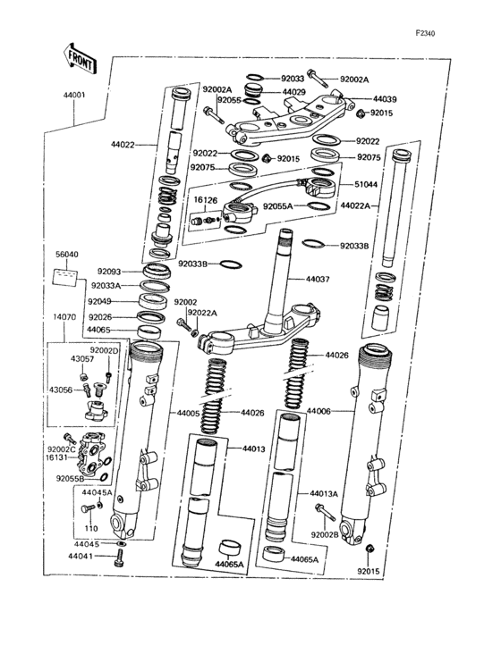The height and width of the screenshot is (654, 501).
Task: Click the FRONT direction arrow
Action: (81, 58)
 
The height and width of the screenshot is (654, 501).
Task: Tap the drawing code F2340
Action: (425, 33)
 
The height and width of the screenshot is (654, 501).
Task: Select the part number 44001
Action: (74, 95)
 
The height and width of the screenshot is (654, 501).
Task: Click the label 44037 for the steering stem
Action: (318, 279)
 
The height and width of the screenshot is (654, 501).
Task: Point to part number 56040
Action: (67, 254)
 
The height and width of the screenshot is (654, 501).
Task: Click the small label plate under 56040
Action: (65, 277)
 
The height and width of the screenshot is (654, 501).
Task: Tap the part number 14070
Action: (64, 317)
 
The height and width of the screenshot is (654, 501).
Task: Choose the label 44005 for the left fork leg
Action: (188, 413)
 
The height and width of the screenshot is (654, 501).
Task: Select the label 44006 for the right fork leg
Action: (318, 411)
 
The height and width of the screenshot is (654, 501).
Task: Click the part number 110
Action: (91, 528)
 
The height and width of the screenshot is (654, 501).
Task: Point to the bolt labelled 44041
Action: (119, 558)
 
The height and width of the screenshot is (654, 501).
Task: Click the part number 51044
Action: (366, 184)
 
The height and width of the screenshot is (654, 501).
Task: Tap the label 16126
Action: (206, 201)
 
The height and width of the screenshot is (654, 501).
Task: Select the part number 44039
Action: (385, 99)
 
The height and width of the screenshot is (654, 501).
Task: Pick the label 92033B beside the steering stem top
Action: (354, 246)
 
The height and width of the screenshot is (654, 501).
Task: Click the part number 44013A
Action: (324, 494)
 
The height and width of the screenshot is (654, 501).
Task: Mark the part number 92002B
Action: (325, 534)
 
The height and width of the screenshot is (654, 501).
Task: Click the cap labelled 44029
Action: (253, 90)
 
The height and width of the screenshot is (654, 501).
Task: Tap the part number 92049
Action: (99, 301)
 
